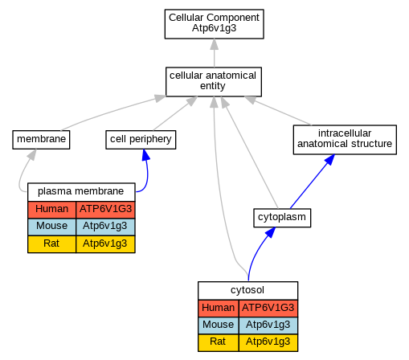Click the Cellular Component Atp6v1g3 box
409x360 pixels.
click(x=214, y=24)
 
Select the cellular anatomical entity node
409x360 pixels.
click(x=214, y=82)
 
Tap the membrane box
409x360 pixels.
click(x=41, y=140)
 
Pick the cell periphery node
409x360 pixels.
click(x=141, y=140)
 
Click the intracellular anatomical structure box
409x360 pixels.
click(x=345, y=140)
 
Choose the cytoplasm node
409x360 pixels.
click(x=282, y=218)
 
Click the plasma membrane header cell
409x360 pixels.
click(x=81, y=192)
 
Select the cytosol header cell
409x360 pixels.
click(x=247, y=290)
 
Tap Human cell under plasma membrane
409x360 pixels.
click(x=51, y=210)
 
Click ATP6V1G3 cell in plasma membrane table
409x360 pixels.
click(x=105, y=210)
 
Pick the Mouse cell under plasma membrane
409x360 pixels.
click(x=51, y=227)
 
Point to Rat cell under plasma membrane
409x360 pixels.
click(x=51, y=244)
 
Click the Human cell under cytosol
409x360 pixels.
click(x=219, y=309)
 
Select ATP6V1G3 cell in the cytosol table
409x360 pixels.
click(x=268, y=309)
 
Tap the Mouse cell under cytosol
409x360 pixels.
click(x=219, y=325)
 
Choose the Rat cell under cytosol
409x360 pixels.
click(x=219, y=342)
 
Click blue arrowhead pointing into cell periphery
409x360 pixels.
click(x=145, y=155)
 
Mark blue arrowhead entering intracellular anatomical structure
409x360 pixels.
click(x=329, y=160)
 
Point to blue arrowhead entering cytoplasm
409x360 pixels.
click(x=271, y=232)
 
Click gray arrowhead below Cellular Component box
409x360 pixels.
click(x=214, y=44)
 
